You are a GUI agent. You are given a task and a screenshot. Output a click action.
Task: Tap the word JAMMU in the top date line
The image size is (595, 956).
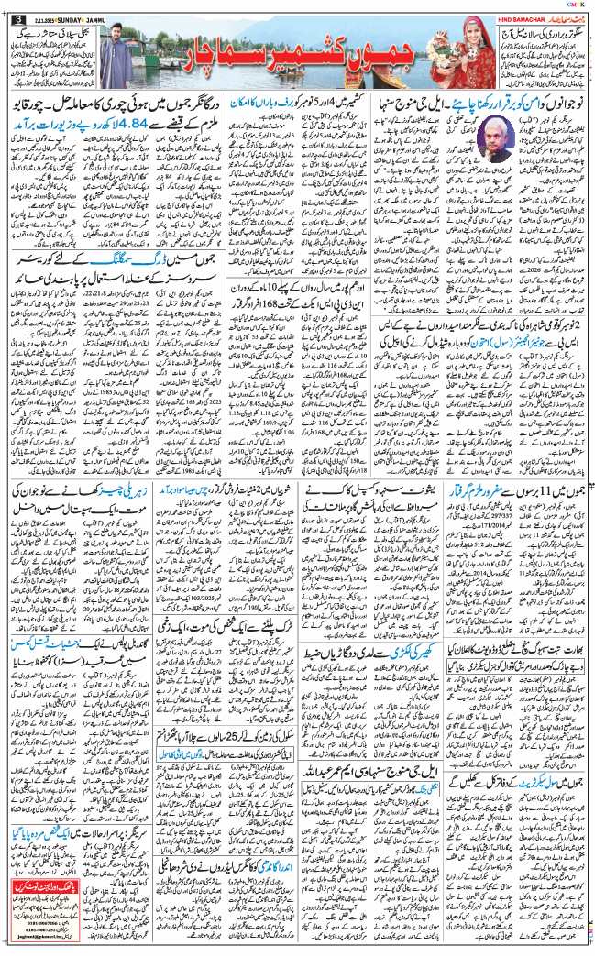click(x=102, y=17)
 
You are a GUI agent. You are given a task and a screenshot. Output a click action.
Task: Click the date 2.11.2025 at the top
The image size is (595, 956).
click(x=38, y=17)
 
